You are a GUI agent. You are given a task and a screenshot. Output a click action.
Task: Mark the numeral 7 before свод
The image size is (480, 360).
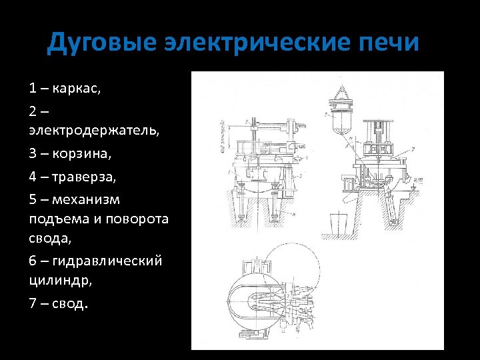tap(33, 304)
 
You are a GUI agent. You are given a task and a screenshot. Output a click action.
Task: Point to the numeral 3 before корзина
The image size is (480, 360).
tap(33, 153)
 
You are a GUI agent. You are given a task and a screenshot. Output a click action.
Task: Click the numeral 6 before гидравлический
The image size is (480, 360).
tap(33, 260)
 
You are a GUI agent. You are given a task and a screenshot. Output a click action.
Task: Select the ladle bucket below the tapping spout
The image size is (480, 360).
tap(339, 225)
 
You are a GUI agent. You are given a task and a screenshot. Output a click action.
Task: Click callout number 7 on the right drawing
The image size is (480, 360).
tap(413, 147)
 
